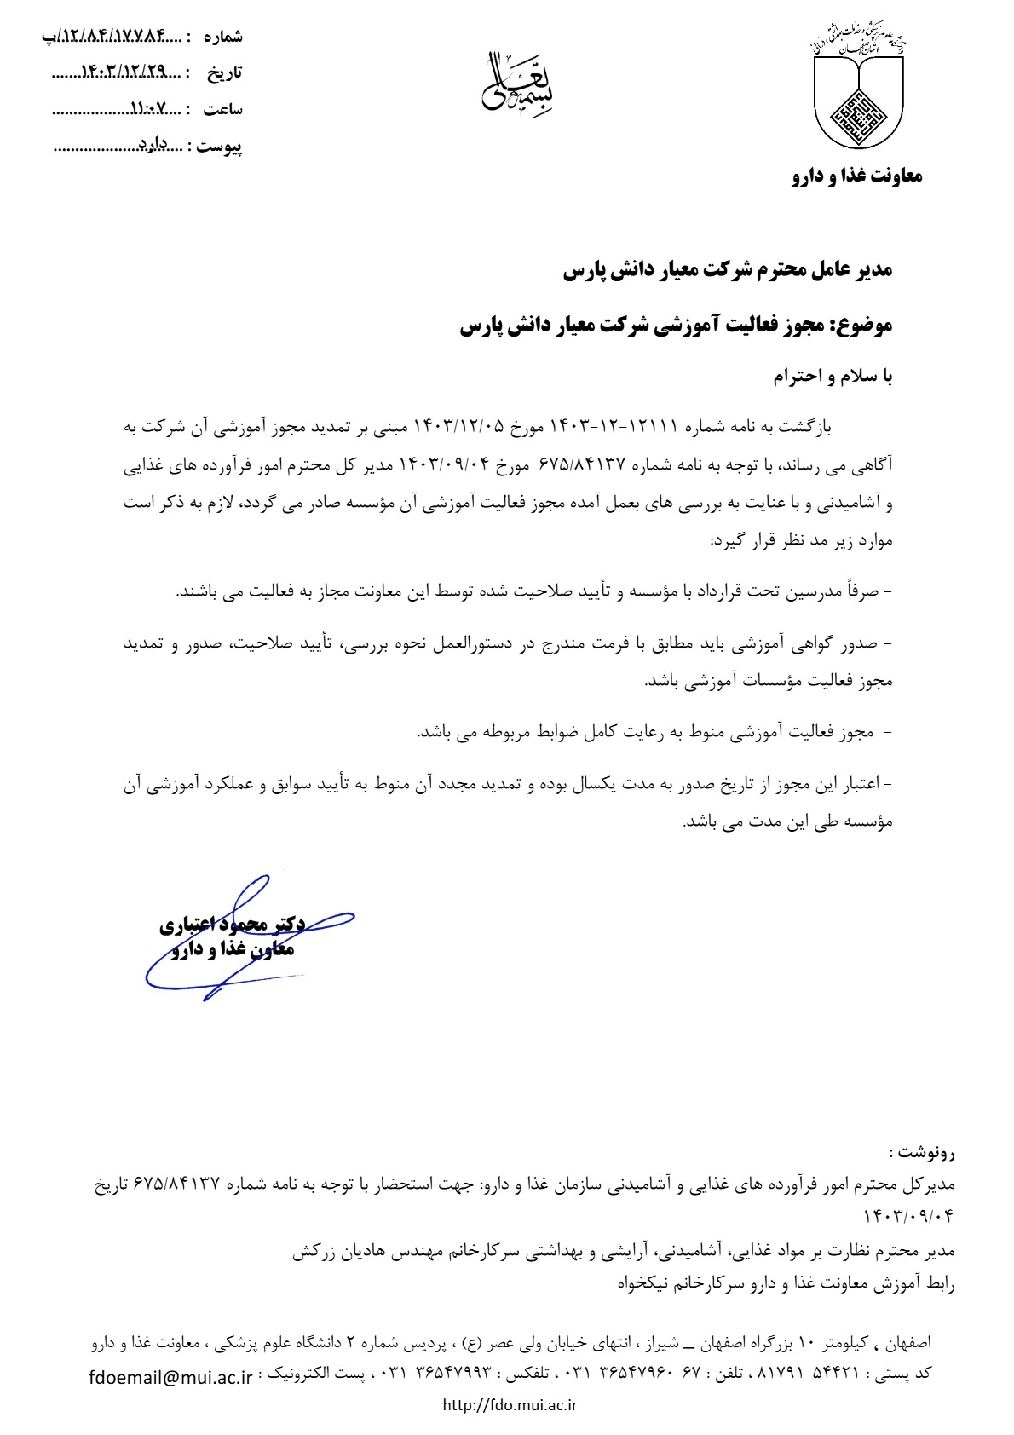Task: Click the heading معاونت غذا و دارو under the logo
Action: (x=857, y=176)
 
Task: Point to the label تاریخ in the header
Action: (x=225, y=72)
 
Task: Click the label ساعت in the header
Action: (x=223, y=109)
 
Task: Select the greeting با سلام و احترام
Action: (x=833, y=376)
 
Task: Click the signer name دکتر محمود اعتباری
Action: (x=233, y=924)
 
